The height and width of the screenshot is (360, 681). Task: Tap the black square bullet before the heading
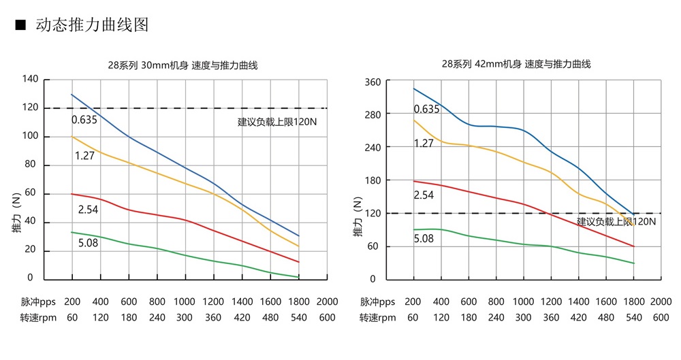pos(20,26)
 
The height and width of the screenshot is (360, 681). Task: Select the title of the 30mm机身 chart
pos(183,65)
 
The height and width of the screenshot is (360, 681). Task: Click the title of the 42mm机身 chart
pos(516,64)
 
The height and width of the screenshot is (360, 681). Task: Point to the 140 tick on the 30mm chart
pos(31,79)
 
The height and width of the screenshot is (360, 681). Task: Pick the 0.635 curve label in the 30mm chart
pos(84,120)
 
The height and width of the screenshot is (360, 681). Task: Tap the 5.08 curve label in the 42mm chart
pos(424,238)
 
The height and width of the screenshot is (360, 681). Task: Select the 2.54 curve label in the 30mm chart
pos(88,210)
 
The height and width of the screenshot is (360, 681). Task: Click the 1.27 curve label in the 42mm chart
pos(424,143)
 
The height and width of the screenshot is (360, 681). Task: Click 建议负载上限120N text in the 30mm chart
pos(278,122)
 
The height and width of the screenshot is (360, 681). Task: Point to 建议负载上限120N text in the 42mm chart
pos(616,222)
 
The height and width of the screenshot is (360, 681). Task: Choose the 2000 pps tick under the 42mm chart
pos(661,301)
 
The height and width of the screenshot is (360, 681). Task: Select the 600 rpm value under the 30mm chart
pos(327,317)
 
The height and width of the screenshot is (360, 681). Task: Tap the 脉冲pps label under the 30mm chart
pos(37,301)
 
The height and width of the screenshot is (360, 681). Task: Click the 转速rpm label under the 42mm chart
pos(378,317)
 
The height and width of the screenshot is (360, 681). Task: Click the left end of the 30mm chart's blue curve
pos(72,95)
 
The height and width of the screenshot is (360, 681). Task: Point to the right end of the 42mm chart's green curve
pos(633,263)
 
